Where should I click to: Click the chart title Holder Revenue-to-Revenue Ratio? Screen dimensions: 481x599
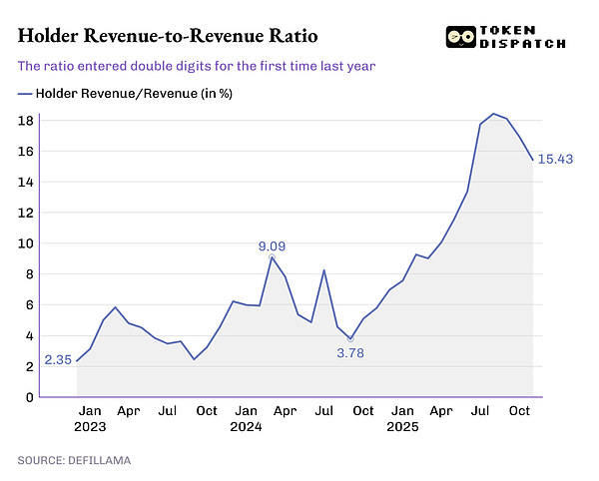click(x=168, y=37)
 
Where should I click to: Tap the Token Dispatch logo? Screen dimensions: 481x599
click(x=506, y=37)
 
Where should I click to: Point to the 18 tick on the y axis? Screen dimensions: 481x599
click(x=27, y=120)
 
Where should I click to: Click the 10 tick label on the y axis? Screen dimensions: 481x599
click(x=27, y=243)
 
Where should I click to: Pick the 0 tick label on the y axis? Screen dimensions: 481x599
click(x=30, y=397)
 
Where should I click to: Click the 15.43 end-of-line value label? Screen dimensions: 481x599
click(x=556, y=159)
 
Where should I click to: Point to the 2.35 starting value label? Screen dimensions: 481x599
click(x=57, y=361)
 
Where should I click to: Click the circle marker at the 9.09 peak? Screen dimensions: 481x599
click(x=272, y=257)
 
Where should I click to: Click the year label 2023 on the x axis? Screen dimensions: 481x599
click(x=90, y=427)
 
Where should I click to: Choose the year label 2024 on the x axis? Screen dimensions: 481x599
click(x=246, y=427)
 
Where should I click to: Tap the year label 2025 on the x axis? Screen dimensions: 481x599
click(x=402, y=427)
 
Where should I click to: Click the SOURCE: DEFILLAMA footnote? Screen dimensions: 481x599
click(x=73, y=460)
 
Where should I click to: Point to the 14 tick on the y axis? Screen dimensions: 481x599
click(x=27, y=182)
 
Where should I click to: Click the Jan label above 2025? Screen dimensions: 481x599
click(x=402, y=411)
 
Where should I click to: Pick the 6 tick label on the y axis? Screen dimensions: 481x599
click(x=30, y=305)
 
